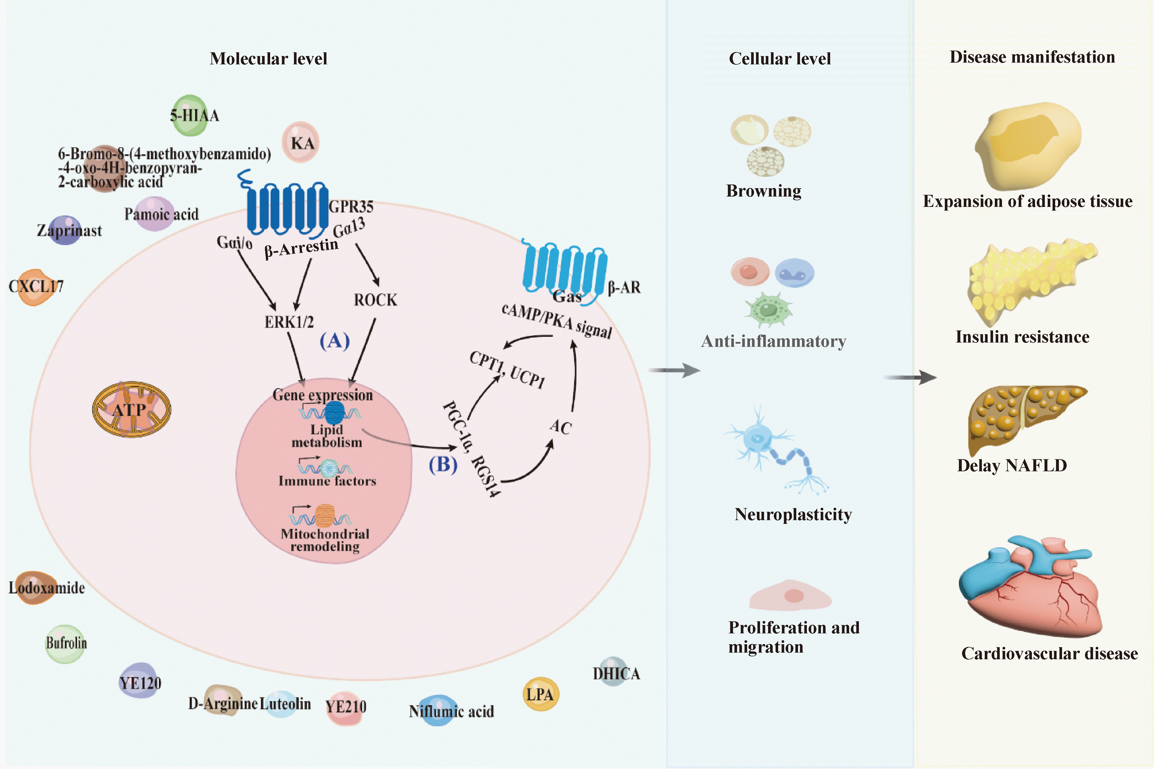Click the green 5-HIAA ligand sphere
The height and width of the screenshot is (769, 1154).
[x=190, y=116]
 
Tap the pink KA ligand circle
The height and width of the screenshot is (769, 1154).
[x=301, y=142]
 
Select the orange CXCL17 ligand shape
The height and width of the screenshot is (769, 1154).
[x=34, y=287]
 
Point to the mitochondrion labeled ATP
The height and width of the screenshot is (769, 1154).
[x=131, y=410]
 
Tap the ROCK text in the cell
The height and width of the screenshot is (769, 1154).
[x=375, y=300]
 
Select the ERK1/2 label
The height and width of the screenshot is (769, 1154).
[x=289, y=322]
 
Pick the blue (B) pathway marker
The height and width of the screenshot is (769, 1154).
[x=443, y=464]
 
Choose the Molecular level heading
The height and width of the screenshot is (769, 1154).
[x=268, y=59]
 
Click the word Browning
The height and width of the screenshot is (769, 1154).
[x=763, y=191]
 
